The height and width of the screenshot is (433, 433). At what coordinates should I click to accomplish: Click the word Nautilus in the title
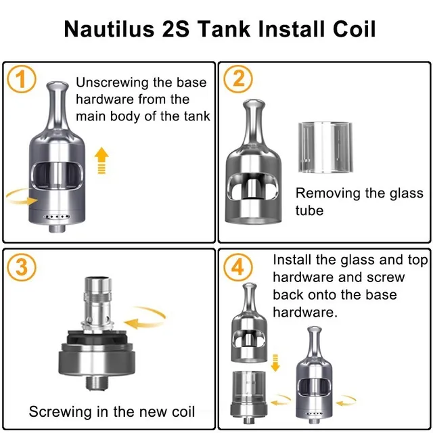pyautogui.click(x=109, y=29)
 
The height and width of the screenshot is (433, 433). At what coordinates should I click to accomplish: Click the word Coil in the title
pyautogui.click(x=354, y=29)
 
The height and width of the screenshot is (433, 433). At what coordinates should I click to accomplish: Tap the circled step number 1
pyautogui.click(x=21, y=79)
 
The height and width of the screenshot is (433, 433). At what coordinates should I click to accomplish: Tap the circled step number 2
pyautogui.click(x=238, y=79)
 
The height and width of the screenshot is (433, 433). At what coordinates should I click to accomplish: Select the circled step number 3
pyautogui.click(x=21, y=267)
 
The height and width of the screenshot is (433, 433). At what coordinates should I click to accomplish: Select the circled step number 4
pyautogui.click(x=238, y=267)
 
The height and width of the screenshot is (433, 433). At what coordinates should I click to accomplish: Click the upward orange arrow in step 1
pyautogui.click(x=101, y=160)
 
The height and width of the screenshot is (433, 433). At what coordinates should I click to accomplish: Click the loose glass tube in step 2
pyautogui.click(x=325, y=147)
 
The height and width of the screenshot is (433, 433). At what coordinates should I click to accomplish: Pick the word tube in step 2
pyautogui.click(x=309, y=210)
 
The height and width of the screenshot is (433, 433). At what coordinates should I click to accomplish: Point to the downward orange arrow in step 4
pyautogui.click(x=275, y=363)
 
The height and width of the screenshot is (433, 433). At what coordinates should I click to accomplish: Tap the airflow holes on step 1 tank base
pyautogui.click(x=57, y=216)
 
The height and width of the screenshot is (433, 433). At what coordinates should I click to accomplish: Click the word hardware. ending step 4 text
pyautogui.click(x=305, y=313)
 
